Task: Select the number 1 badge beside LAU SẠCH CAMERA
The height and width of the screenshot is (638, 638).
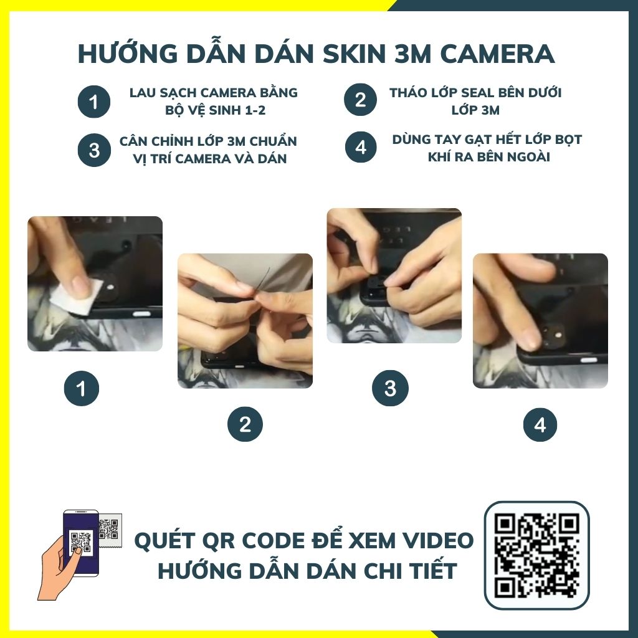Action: [94, 102]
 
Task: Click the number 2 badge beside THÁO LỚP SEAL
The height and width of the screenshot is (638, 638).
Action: [360, 100]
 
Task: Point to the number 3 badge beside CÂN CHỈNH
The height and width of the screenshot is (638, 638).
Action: [94, 150]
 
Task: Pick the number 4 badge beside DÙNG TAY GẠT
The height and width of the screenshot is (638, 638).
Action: [361, 147]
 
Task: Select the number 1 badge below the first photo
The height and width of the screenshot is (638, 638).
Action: [82, 388]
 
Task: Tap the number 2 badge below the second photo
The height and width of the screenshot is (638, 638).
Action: [245, 424]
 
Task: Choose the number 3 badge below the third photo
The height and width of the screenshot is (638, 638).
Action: [390, 388]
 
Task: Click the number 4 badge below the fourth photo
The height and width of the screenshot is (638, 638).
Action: [540, 425]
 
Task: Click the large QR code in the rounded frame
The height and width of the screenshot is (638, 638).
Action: [536, 555]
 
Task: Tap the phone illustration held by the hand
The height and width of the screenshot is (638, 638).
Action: [81, 543]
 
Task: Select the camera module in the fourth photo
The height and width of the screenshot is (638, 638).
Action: [555, 335]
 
